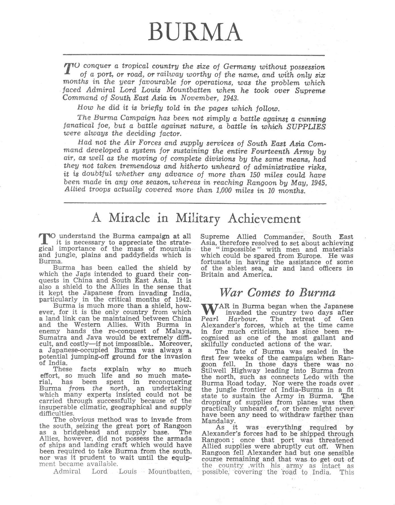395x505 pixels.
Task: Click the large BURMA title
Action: pos(195,32)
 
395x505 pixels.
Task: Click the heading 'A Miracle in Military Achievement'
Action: pos(196,218)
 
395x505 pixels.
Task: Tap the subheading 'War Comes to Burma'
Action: pos(277,292)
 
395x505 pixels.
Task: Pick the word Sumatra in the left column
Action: pos(51,338)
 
